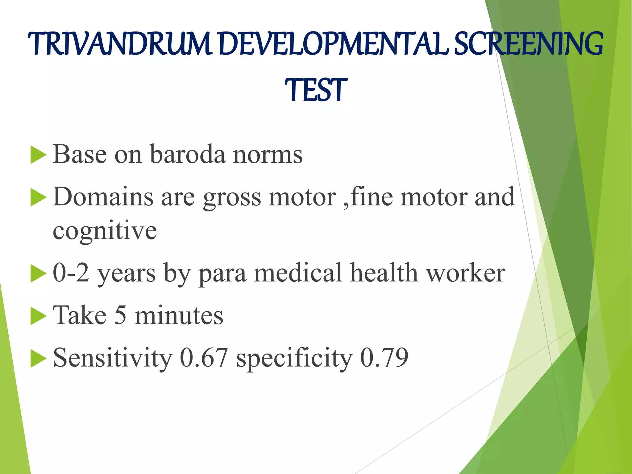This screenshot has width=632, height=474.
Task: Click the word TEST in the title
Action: [316, 90]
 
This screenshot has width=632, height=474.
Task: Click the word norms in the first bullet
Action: [268, 154]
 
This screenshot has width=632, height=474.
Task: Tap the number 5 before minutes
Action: [121, 315]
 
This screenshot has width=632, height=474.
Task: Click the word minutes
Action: [179, 315]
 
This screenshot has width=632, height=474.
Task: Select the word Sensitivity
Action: [113, 358]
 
